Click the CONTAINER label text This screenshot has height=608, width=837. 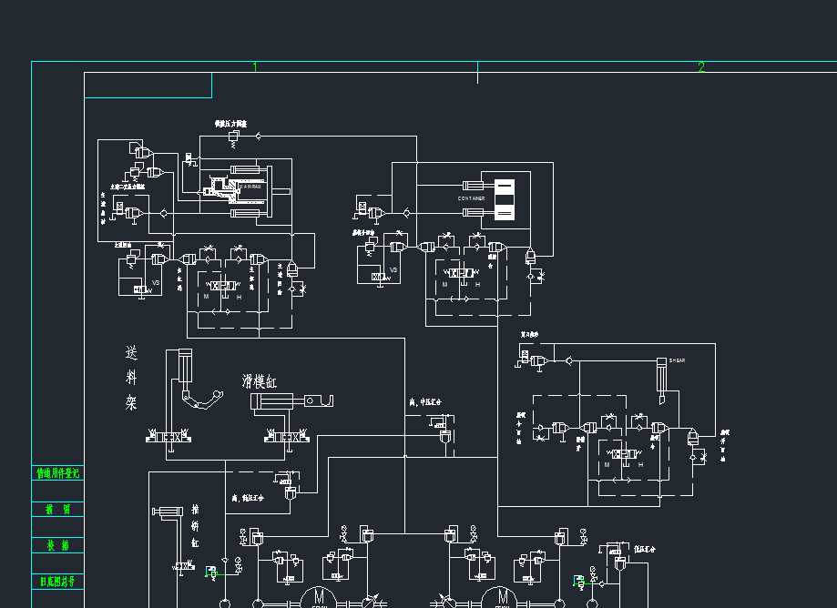pyautogui.click(x=471, y=198)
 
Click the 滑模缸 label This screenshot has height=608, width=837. pyautogui.click(x=261, y=380)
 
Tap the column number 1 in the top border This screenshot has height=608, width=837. pyautogui.click(x=255, y=67)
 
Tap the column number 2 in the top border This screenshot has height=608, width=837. pyautogui.click(x=701, y=67)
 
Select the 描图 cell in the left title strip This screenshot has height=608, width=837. pyautogui.click(x=58, y=510)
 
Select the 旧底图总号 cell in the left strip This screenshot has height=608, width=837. pyautogui.click(x=58, y=581)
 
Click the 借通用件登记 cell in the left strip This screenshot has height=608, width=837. pyautogui.click(x=58, y=473)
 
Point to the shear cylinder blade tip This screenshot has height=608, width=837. pyautogui.click(x=662, y=399)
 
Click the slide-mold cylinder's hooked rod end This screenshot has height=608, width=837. pyautogui.click(x=322, y=400)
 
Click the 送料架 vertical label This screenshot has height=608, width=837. pyautogui.click(x=132, y=378)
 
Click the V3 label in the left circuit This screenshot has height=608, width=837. pyautogui.click(x=156, y=282)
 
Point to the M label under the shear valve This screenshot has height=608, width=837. pyautogui.click(x=607, y=465)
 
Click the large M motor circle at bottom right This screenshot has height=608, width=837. pyautogui.click(x=502, y=596)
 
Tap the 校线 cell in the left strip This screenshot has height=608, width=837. pyautogui.click(x=58, y=545)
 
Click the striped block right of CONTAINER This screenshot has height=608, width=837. pyautogui.click(x=504, y=199)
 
